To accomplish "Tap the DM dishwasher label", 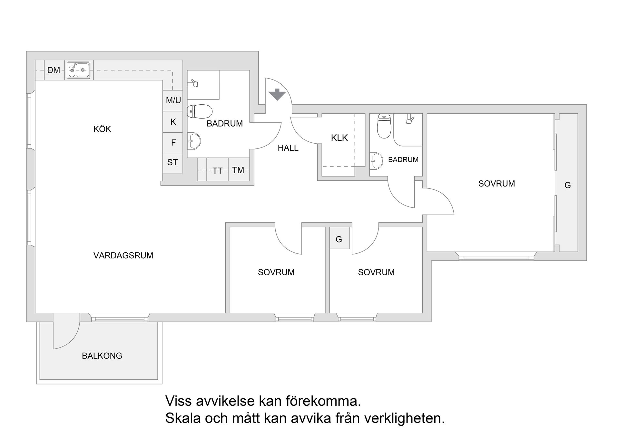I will (54, 70).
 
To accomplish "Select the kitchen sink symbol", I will (79, 70).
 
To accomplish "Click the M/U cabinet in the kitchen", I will (173, 100).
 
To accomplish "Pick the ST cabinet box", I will (173, 162).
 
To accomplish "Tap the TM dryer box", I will (239, 170).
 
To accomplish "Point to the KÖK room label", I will (102, 129).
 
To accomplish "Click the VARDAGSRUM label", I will (123, 255).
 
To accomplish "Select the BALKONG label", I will (102, 356).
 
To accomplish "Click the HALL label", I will (288, 148).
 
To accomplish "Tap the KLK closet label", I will (339, 138).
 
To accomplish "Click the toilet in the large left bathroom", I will (200, 111).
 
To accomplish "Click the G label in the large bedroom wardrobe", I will (568, 185).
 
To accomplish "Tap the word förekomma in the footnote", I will (323, 401).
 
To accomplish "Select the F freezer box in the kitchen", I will (173, 142).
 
